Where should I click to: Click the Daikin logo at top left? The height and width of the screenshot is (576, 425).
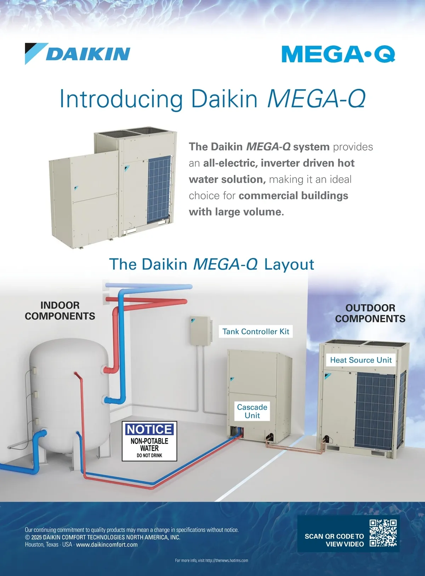coord(78,53)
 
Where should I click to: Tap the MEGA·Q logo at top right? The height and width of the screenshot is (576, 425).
coord(339,54)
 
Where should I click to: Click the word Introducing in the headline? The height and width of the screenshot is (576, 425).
coord(121,99)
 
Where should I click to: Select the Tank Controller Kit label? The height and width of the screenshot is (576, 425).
coord(256,332)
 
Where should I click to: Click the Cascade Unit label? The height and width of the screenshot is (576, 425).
coord(252,411)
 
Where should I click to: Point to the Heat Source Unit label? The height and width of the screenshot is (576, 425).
coord(361,360)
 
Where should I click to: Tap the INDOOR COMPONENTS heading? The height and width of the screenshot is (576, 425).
coord(60,311)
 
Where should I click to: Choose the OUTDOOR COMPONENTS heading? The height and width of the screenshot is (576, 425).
coord(370,313)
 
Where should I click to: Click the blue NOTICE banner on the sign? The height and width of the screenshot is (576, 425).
coord(149,430)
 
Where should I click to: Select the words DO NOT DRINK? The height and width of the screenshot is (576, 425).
coord(149,455)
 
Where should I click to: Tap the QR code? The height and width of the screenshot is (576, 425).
coord(383,533)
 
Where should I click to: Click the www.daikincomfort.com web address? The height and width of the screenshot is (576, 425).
coord(107,545)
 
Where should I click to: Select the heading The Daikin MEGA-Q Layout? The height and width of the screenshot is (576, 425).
coord(211,264)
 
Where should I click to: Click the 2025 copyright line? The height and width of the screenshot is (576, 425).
coord(102,537)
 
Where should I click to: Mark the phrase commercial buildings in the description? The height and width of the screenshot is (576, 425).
coord(294,196)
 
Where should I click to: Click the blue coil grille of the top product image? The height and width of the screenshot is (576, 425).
coord(159,189)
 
